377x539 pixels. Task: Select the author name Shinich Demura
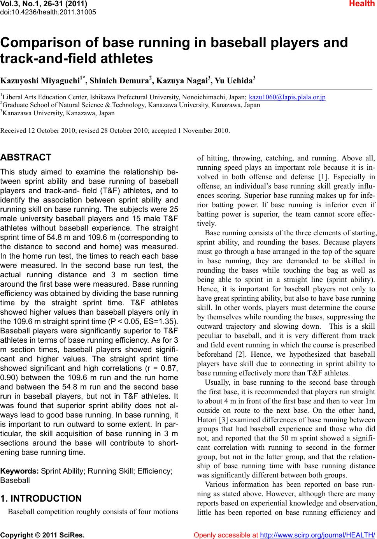point(120,81)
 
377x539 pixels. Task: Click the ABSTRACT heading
point(26,158)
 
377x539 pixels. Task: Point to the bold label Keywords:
point(19,471)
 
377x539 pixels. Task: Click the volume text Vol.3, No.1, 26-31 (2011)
point(44,4)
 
